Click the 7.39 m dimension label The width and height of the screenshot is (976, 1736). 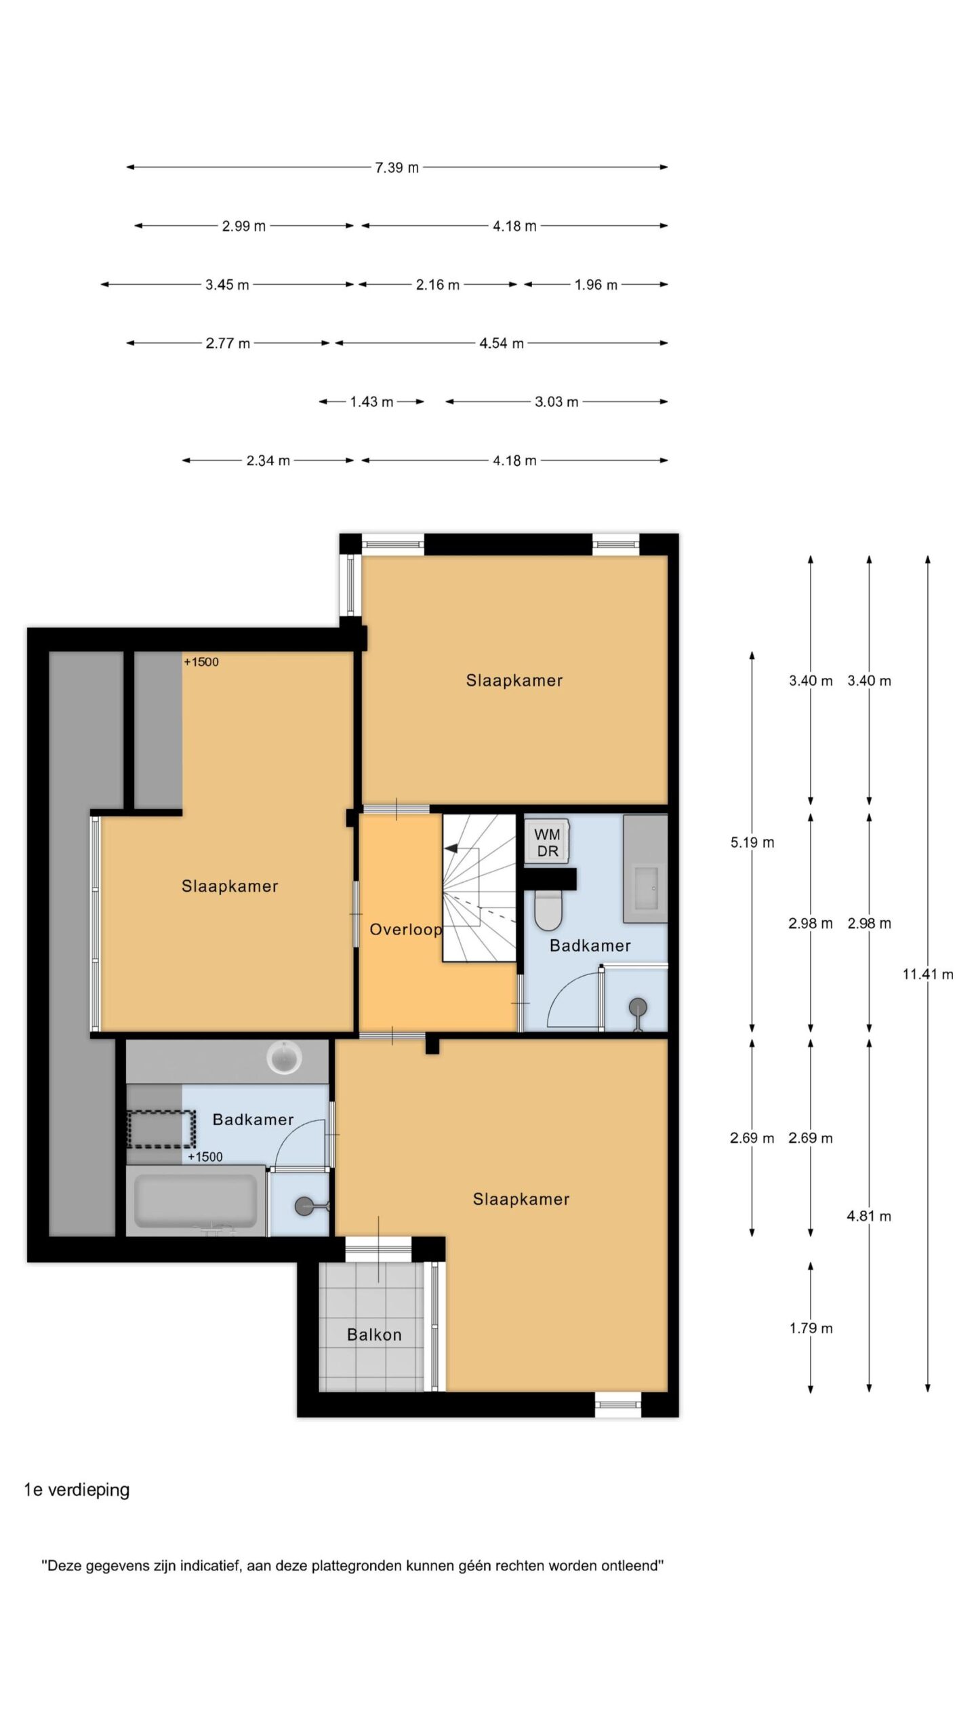point(396,167)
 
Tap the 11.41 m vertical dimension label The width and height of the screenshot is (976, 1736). point(928,974)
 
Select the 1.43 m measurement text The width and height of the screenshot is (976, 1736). point(371,402)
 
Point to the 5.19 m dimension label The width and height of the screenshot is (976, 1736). point(752,842)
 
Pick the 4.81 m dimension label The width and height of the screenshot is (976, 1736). point(869,1216)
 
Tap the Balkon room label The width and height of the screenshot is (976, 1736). point(374,1335)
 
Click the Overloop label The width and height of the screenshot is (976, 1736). point(405,929)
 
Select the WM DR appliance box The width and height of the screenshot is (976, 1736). point(546,842)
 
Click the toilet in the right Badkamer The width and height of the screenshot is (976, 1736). point(548,910)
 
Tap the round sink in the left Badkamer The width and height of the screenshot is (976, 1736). point(285,1059)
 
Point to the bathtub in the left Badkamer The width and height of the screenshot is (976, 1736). point(196,1201)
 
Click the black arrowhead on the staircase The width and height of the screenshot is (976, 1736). point(451,848)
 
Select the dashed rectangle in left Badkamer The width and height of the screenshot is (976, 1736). point(161,1128)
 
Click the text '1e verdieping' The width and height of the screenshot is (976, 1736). point(77,1490)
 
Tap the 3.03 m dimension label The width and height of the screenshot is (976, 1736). point(556,402)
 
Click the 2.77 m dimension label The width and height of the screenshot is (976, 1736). point(228,344)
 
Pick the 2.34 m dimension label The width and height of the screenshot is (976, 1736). point(268,461)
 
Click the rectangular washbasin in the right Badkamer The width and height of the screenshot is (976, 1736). point(645,887)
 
